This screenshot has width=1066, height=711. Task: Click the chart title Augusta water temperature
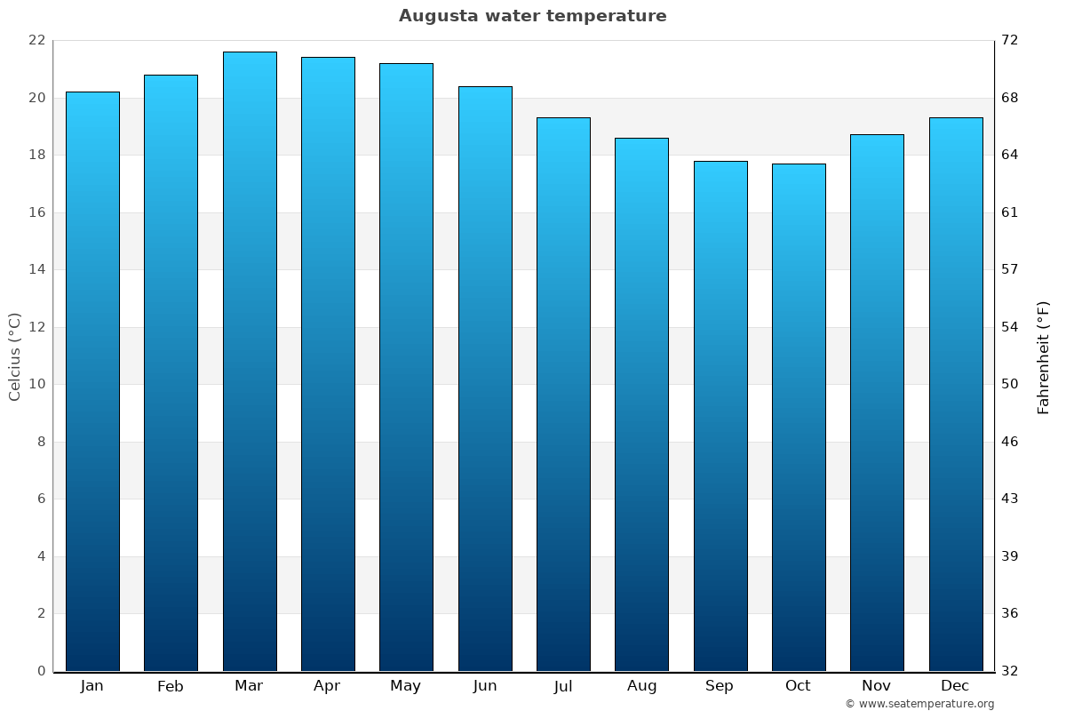(532, 16)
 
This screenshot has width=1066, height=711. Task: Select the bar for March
(250, 361)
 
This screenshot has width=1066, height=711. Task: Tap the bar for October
(799, 417)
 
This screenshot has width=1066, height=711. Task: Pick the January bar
(92, 381)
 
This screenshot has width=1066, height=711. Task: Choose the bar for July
(563, 394)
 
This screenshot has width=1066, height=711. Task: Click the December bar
(956, 394)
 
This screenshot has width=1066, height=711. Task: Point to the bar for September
(720, 416)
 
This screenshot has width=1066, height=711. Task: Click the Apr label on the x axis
(327, 686)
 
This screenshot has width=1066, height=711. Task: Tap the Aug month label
(641, 686)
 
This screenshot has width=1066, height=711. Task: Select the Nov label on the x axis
(877, 686)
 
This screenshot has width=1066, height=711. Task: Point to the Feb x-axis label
(170, 686)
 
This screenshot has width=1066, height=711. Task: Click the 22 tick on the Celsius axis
(36, 41)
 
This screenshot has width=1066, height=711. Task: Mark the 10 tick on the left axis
(36, 385)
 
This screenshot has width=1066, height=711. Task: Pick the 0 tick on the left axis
(41, 671)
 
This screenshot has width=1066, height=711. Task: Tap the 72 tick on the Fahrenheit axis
(1010, 41)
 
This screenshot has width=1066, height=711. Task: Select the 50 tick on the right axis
(1010, 385)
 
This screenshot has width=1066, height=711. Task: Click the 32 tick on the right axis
(1010, 671)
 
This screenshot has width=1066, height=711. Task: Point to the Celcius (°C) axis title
(14, 356)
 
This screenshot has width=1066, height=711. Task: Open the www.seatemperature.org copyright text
(919, 704)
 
